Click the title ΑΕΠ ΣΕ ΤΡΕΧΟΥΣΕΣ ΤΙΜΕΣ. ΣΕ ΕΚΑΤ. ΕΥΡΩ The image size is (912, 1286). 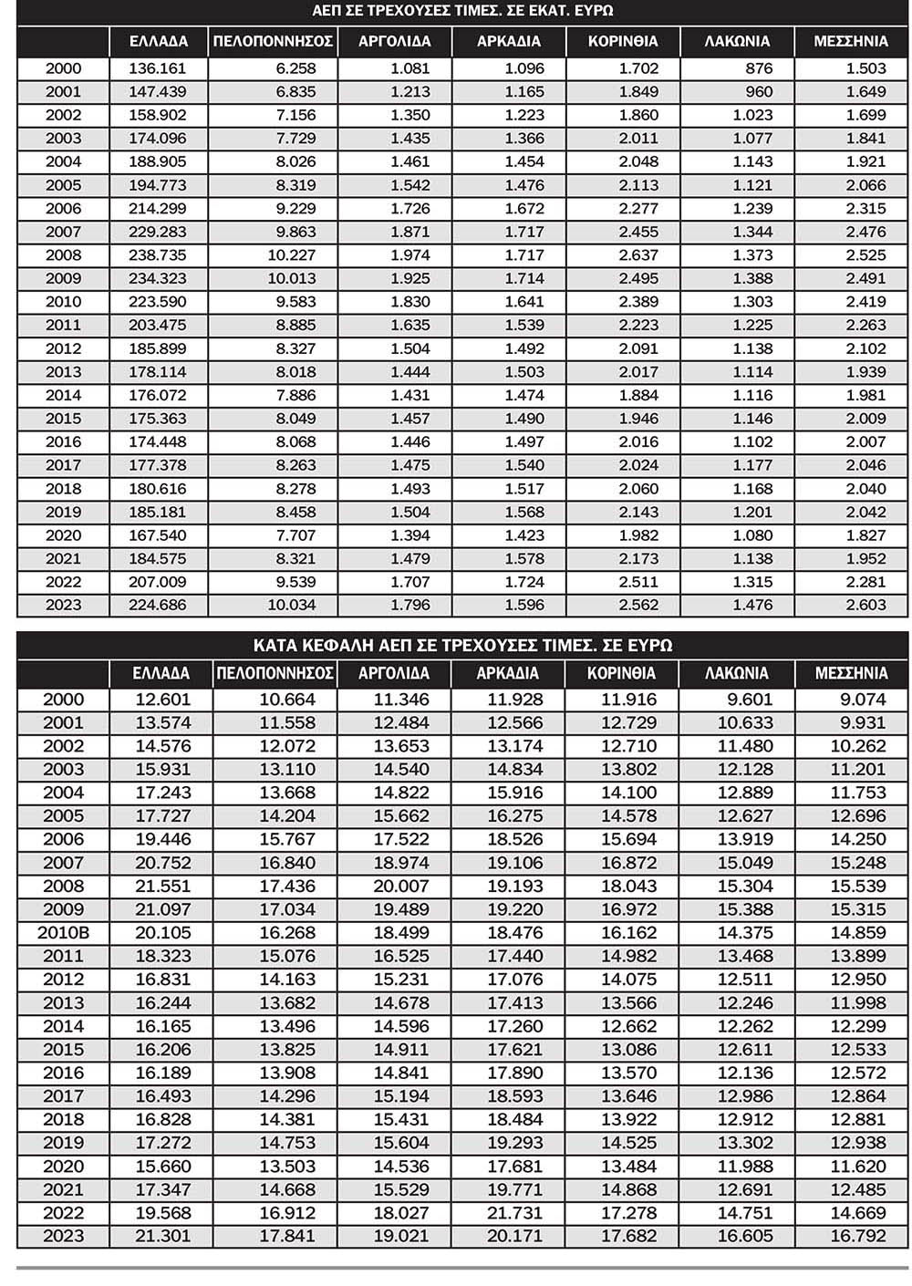coord(462,11)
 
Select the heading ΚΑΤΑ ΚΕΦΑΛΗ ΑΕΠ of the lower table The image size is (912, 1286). coord(462,645)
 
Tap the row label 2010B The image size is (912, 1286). coord(62,933)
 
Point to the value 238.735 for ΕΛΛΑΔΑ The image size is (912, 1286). coord(159,255)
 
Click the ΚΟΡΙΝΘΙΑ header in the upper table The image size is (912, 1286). coord(622,41)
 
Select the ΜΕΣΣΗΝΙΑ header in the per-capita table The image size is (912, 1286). coord(851,674)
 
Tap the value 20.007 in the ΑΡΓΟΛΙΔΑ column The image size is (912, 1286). coord(400,887)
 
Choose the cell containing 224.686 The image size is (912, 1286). coord(159,605)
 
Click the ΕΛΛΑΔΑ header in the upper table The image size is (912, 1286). coord(159,41)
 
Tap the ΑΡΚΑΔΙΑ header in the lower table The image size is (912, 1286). coord(508,674)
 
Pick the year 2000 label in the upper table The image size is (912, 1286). coord(62,68)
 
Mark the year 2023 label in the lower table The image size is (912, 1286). coord(62,1237)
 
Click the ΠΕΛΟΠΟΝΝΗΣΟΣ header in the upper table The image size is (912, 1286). coord(273,41)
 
